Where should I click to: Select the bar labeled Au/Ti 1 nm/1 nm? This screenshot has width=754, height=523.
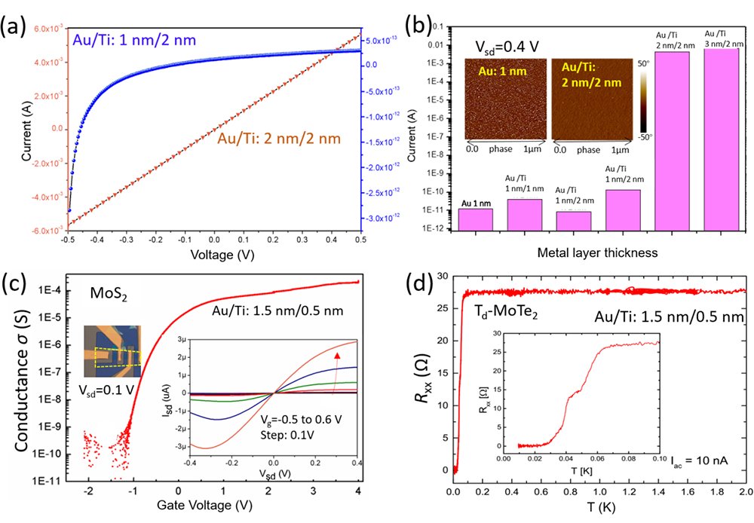click(x=525, y=213)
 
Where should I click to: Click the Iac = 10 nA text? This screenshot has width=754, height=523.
click(x=704, y=458)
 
